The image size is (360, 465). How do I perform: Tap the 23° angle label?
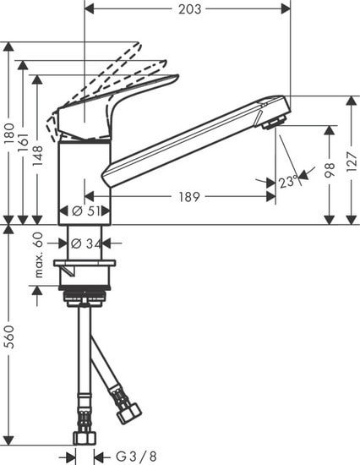point(286,181)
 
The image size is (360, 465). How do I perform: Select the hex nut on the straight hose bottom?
point(85,438)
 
